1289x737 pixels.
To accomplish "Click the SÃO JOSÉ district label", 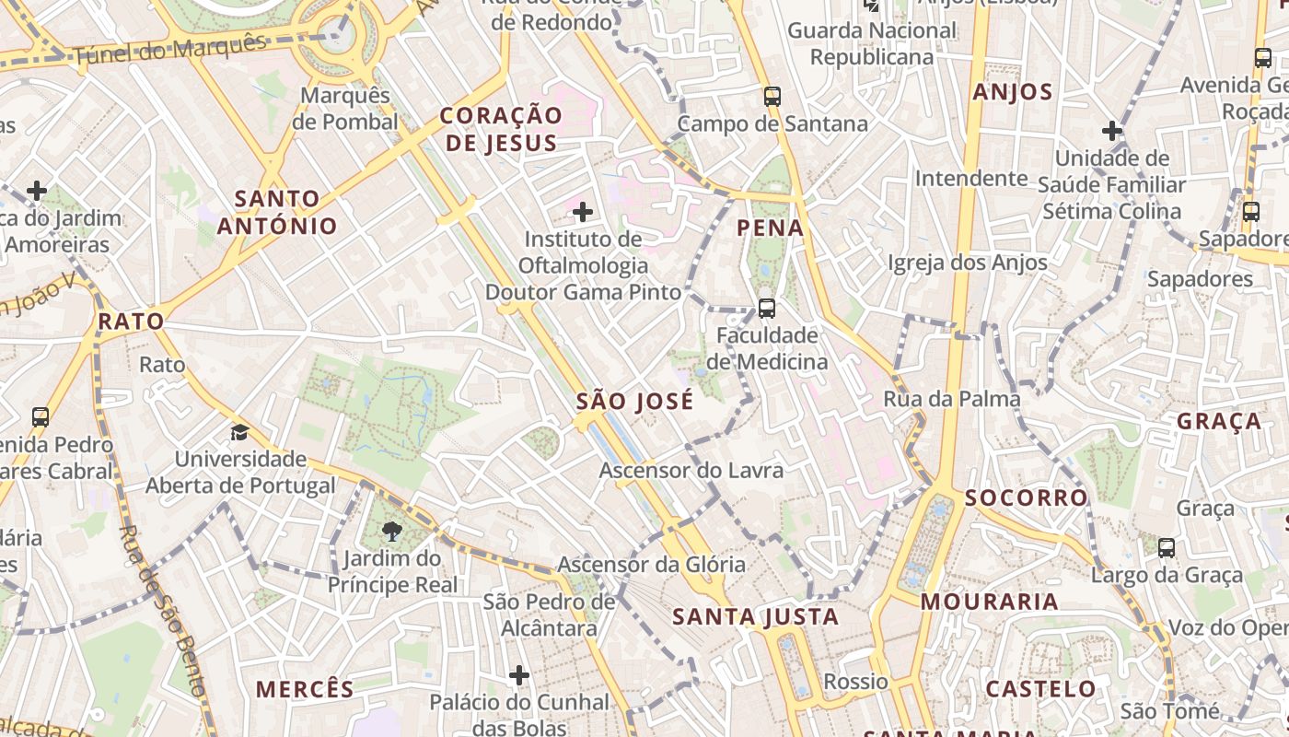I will tap(634, 402).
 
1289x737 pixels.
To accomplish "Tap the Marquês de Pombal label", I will tap(346, 109).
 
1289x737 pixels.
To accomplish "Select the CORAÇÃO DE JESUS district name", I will tap(500, 129).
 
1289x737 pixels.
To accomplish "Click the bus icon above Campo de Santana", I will tap(772, 96).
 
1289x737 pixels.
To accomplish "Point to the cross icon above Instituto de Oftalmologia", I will tap(582, 213).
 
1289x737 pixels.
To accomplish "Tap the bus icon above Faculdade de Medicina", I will tap(766, 308).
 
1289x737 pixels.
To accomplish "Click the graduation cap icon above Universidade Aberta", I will tap(239, 432).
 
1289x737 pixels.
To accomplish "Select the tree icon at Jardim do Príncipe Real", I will tap(392, 531).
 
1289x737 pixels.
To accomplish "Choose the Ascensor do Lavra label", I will tap(691, 471).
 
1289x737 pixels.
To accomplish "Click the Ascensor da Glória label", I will tap(652, 564).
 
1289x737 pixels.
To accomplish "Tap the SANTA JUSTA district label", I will tap(755, 616).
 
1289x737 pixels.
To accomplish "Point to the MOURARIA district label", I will tap(990, 602).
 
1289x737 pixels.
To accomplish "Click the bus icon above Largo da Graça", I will tap(1167, 548).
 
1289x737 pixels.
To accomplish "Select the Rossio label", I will tap(855, 682).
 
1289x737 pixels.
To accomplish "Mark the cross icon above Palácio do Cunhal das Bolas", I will tap(519, 675).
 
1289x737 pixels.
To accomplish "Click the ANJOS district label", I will tap(1013, 92).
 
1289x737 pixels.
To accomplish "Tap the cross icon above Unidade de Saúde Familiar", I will tap(1112, 131).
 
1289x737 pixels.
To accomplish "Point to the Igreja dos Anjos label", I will tap(968, 263).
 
